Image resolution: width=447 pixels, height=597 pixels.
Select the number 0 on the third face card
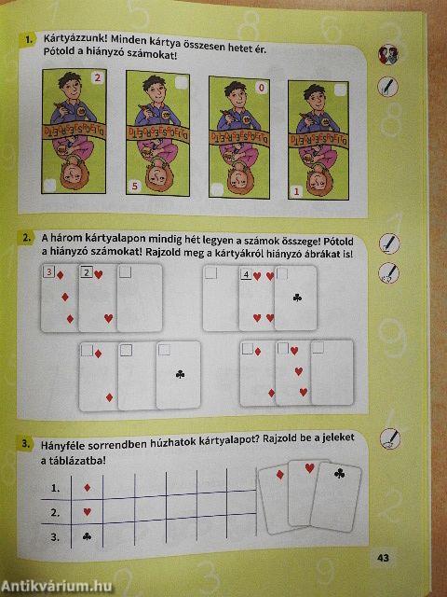point(261,88)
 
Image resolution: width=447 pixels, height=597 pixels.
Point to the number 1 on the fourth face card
point(297,191)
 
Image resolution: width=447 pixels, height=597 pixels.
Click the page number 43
point(382,558)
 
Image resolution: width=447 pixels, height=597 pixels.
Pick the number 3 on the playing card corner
point(49,273)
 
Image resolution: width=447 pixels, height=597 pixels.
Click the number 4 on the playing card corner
point(246,275)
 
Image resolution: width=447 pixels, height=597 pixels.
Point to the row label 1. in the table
point(55,488)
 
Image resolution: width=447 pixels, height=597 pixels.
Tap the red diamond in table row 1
point(87,488)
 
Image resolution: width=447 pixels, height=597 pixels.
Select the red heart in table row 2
point(87,512)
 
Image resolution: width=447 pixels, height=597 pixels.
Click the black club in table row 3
point(87,536)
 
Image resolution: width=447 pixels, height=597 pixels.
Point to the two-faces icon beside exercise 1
point(387,55)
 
